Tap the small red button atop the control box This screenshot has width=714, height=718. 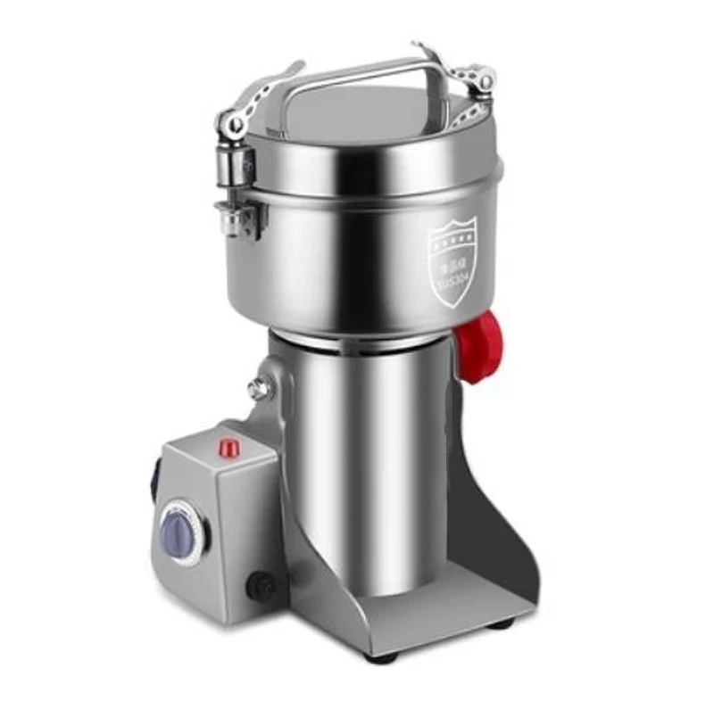coord(231,446)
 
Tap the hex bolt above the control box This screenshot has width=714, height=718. coord(259,388)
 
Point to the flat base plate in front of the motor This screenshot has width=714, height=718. coord(419,615)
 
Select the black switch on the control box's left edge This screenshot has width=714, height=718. coord(154,483)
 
